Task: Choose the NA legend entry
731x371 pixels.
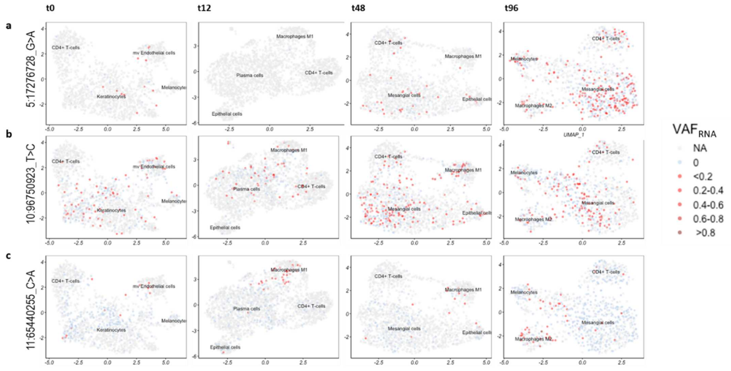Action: point(700,148)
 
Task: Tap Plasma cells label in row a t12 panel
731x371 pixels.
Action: point(250,75)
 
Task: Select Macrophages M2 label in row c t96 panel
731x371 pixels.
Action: point(533,339)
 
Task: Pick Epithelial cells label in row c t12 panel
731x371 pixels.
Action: point(225,347)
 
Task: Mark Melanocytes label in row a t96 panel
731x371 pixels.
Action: point(524,59)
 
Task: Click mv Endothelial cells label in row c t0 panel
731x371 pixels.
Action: point(154,286)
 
